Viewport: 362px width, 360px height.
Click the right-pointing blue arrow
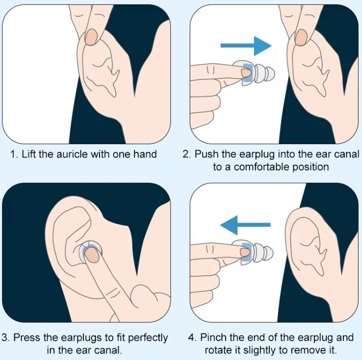(x=246, y=46)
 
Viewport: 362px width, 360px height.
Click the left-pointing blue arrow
(x=245, y=225)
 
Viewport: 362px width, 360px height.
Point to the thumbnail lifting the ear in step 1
(x=91, y=37)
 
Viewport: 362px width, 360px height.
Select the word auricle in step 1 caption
(x=72, y=154)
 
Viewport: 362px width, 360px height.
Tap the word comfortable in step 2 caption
(x=261, y=167)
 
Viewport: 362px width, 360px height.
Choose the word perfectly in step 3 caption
(x=148, y=338)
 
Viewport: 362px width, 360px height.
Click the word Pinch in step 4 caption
(x=213, y=337)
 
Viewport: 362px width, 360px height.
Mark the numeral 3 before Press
(x=4, y=337)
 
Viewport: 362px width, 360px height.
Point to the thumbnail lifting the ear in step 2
(x=301, y=37)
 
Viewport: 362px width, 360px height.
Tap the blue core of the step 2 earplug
(x=248, y=73)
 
